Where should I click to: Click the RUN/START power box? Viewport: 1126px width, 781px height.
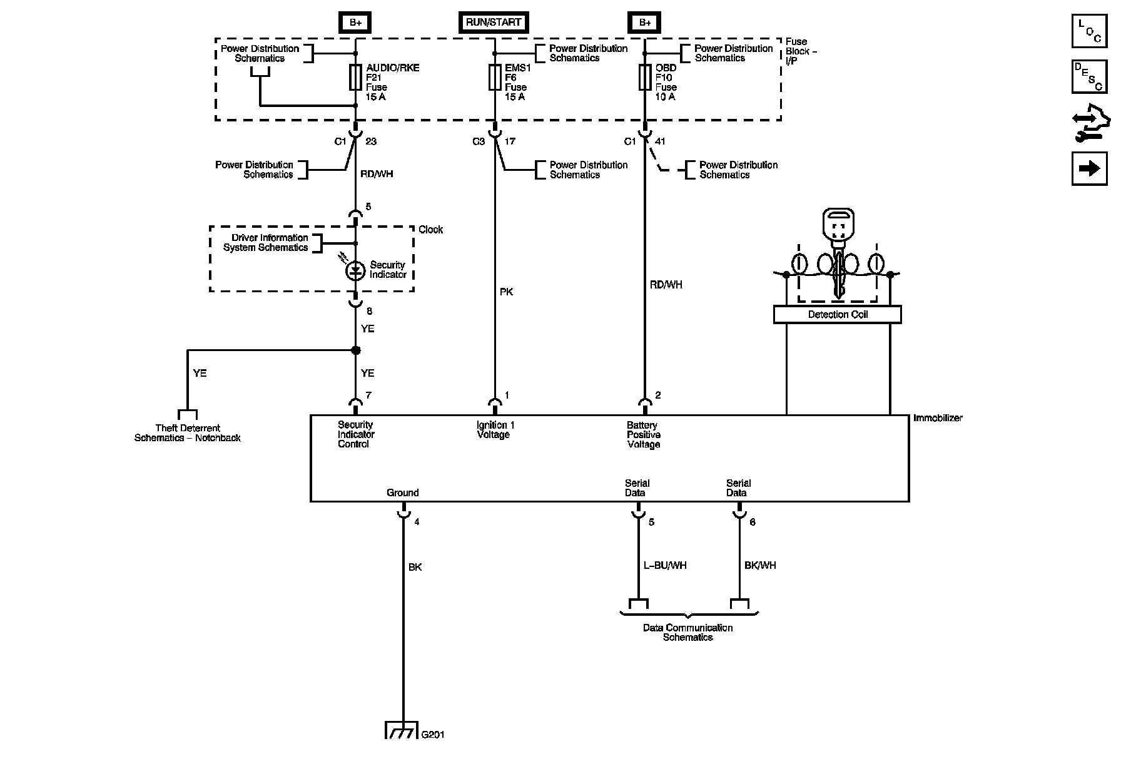coord(494,23)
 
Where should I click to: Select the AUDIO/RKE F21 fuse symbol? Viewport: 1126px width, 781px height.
coord(356,78)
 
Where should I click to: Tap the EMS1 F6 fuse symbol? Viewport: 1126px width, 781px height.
coord(495,78)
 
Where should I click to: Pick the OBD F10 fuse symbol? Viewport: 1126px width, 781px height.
coord(644,78)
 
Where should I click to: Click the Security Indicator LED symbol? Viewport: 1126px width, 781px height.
coord(356,270)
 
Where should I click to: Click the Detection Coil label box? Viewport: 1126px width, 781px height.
coord(838,314)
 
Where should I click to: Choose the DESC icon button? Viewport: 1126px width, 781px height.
coord(1089,76)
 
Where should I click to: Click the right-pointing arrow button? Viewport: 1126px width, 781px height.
coord(1089,168)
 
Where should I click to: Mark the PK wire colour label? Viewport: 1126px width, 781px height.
coord(507,292)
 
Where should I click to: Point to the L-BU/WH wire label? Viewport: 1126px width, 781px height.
coord(665,565)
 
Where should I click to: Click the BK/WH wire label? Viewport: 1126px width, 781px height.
coord(760,565)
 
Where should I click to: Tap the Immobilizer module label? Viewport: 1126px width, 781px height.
coord(938,417)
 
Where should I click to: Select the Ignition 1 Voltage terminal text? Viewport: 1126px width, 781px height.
coord(495,430)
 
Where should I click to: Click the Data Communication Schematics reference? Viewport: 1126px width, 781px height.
coord(687,632)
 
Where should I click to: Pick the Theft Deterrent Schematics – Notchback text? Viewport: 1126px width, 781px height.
coord(188,433)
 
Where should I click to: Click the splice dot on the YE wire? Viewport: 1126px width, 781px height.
coord(356,350)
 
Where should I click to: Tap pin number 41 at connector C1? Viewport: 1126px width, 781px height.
coord(659,141)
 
